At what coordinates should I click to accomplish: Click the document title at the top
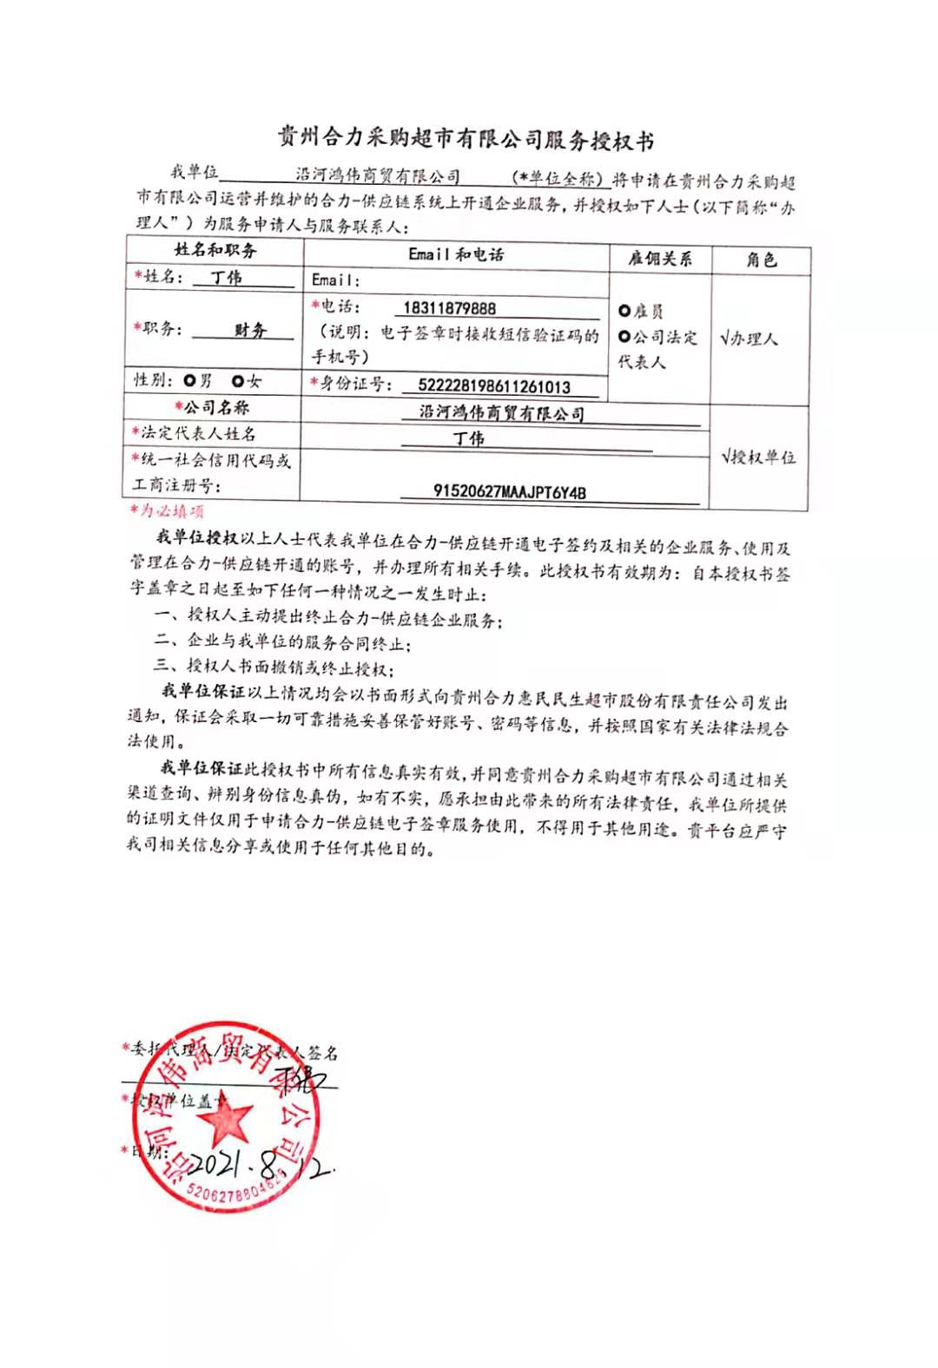pos(466,139)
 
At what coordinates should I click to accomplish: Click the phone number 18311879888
pos(449,308)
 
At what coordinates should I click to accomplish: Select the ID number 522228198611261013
pos(493,386)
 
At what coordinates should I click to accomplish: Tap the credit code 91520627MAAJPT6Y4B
pos(509,491)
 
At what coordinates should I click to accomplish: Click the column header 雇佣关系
pos(660,259)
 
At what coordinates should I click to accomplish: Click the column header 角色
pos(761,260)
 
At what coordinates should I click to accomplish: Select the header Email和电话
pos(455,254)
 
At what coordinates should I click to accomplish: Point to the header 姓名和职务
pos(215,251)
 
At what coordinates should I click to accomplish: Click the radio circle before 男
pos(190,381)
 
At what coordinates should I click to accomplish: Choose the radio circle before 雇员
pos(624,312)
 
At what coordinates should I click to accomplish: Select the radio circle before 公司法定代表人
pos(624,337)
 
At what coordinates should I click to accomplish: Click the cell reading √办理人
pos(749,338)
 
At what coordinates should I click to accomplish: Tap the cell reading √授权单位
pos(758,457)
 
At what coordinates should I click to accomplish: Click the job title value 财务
pos(250,330)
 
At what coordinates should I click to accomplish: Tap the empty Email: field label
pos(335,280)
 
